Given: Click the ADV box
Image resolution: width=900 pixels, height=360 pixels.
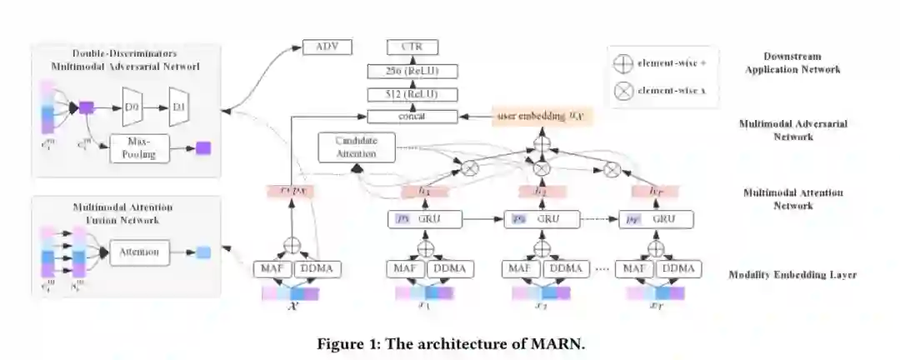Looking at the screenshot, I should tap(327, 47).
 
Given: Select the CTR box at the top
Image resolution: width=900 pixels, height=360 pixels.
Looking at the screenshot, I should tap(412, 47).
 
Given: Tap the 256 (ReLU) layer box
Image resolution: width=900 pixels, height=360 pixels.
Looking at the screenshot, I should tap(412, 71).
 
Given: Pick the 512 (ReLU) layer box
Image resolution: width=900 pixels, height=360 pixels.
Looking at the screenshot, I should tap(412, 94).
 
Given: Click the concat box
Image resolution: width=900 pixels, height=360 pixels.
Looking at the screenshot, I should tap(412, 117).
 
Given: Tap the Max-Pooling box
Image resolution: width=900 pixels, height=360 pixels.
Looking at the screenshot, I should tap(139, 148).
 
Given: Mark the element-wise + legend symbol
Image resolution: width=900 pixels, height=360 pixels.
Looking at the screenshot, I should tap(622, 63).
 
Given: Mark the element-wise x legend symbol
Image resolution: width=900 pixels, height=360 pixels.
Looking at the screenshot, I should tap(622, 91).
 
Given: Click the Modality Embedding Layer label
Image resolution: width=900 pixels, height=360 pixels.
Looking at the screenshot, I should tap(792, 274).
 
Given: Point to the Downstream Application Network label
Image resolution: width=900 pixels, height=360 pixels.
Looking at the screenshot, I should tap(791, 62).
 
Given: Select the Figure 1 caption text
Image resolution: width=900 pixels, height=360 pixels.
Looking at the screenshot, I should tap(449, 342).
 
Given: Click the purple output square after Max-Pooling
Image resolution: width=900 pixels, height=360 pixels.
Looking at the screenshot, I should tap(203, 148).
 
